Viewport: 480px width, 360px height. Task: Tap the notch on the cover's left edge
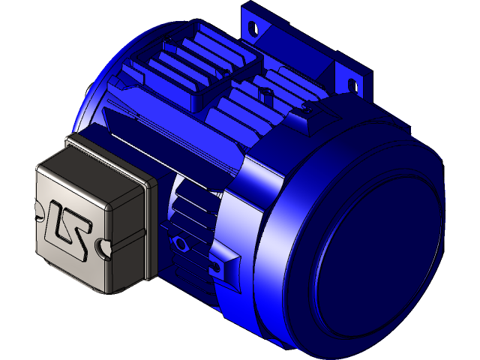pos(37,211)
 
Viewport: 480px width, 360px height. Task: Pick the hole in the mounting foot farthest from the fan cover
pos(256,29)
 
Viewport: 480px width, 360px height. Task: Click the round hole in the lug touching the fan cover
pos(217,267)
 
